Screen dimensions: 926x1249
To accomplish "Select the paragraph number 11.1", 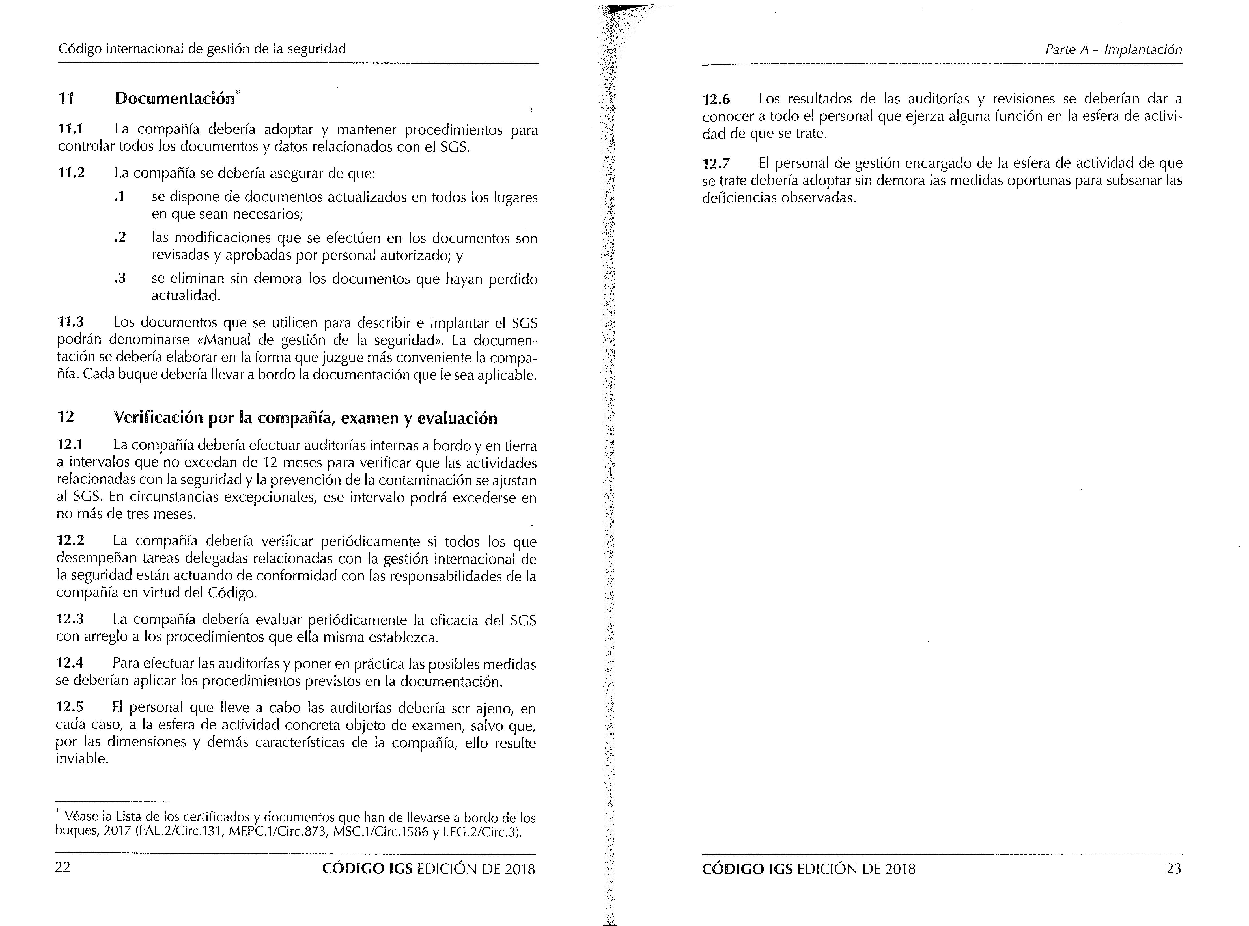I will pos(71,129).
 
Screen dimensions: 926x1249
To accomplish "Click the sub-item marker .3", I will pos(119,278).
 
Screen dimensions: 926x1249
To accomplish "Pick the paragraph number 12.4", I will pos(70,663).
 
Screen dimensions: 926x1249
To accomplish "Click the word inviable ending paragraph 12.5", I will pos(81,759).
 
